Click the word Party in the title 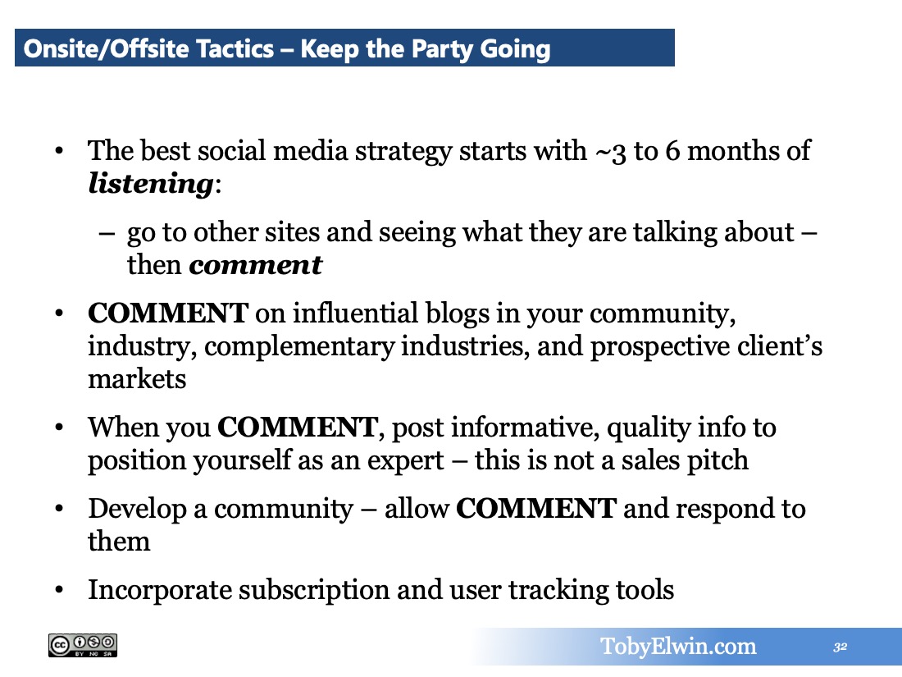click(x=442, y=49)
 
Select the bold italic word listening click(x=152, y=185)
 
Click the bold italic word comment click(x=255, y=265)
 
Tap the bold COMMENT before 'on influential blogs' click(x=168, y=313)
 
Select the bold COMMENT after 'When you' click(x=298, y=428)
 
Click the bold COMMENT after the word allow click(x=536, y=509)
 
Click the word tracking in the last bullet click(x=558, y=591)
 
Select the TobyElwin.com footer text click(x=678, y=647)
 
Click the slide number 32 click(x=840, y=647)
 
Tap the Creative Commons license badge click(x=83, y=645)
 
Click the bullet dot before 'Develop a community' click(x=59, y=509)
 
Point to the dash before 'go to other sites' click(x=107, y=233)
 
